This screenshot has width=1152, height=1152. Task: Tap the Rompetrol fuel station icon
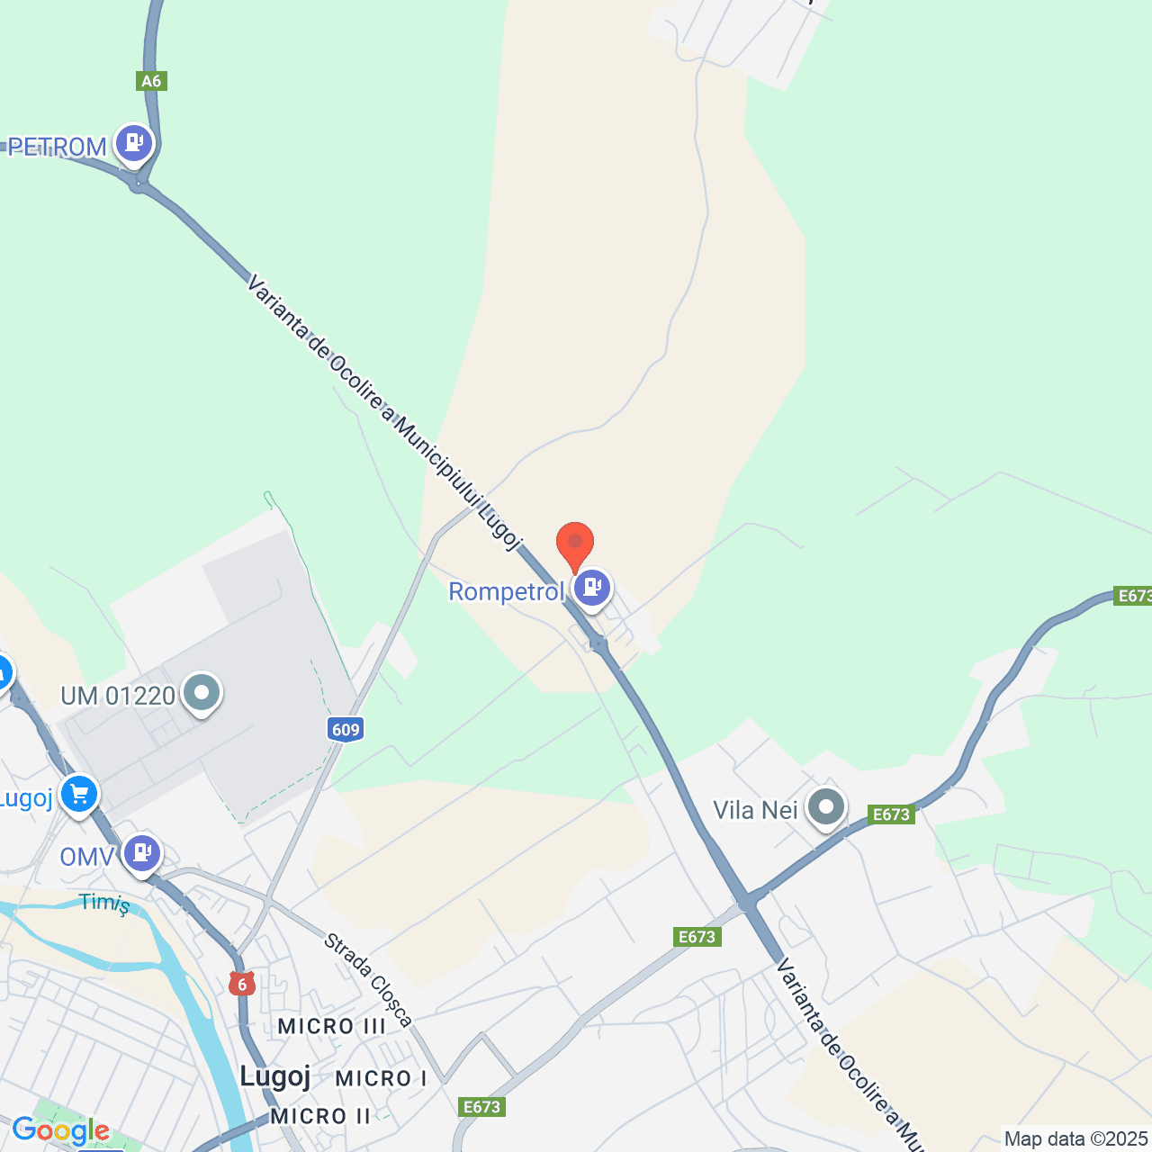(592, 589)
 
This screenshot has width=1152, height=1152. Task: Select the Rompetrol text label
(506, 592)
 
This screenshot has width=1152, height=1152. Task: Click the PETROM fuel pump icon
(134, 143)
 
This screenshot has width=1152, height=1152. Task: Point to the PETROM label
(58, 147)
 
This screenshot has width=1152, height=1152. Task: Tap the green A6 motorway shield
(151, 81)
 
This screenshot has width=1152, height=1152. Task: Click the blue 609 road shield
(346, 729)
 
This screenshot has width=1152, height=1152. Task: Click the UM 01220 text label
(118, 696)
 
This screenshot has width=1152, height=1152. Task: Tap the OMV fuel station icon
(141, 853)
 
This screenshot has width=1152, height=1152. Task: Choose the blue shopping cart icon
(79, 795)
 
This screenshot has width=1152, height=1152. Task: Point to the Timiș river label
(104, 903)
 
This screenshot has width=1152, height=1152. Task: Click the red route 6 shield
(241, 984)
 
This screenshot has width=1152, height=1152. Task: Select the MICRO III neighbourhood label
(331, 1026)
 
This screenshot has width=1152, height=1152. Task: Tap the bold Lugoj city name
(275, 1075)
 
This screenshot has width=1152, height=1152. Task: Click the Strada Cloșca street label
(368, 980)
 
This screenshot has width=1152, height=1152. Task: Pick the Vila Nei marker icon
(825, 808)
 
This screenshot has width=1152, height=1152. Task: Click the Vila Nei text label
(755, 811)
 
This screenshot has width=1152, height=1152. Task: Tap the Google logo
(60, 1130)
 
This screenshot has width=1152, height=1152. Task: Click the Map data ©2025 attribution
(1075, 1139)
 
